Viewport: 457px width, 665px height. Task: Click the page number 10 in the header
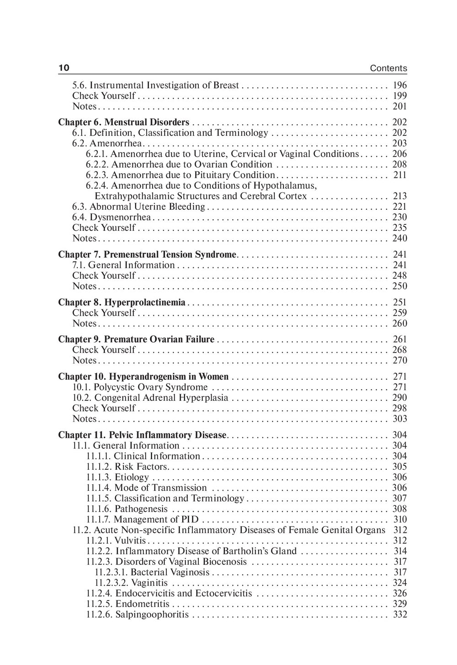click(x=64, y=68)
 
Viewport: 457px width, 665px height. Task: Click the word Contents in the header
click(x=388, y=68)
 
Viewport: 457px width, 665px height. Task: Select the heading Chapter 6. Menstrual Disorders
click(x=123, y=122)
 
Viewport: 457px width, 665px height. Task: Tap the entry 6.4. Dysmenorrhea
click(x=112, y=217)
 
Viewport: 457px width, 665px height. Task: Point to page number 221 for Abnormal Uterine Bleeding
click(x=399, y=207)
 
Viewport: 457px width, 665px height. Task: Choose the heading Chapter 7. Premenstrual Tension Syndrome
click(x=147, y=254)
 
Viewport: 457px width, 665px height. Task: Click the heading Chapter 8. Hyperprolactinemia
click(x=122, y=302)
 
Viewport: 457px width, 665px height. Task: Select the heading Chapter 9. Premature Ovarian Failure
click(x=136, y=339)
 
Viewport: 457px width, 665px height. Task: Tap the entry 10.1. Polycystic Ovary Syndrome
click(x=140, y=387)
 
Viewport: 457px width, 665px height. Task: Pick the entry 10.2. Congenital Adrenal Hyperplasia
click(x=150, y=398)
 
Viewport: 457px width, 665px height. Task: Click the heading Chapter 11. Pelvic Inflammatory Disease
click(x=142, y=435)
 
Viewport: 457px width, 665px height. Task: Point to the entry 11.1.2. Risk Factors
click(x=127, y=467)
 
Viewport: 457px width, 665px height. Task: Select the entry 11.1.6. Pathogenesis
click(x=127, y=509)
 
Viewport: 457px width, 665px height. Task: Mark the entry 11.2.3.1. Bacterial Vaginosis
click(x=152, y=572)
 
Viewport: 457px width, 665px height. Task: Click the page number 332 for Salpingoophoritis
click(x=399, y=614)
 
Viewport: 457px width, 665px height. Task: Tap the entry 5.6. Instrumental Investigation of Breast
click(x=155, y=85)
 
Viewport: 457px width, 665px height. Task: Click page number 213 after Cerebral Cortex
click(x=399, y=196)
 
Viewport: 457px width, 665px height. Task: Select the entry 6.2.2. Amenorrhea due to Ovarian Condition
click(x=179, y=164)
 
